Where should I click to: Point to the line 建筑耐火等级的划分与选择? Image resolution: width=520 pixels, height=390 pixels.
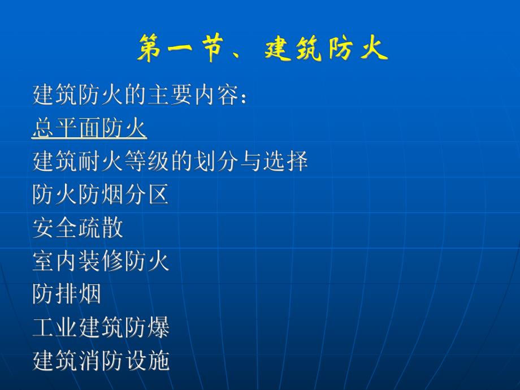coord(170,162)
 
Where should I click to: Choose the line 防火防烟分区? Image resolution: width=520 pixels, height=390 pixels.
coord(101,196)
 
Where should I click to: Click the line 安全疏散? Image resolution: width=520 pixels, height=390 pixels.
coord(78,228)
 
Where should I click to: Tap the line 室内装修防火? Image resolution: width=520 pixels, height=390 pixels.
coord(101,262)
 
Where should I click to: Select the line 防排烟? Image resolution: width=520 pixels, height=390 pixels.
coord(67,294)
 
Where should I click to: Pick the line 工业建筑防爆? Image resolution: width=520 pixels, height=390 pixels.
coord(101,328)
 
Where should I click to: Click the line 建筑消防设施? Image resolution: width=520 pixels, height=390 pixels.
coord(101,361)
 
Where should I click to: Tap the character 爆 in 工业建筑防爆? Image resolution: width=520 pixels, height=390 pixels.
coord(158,328)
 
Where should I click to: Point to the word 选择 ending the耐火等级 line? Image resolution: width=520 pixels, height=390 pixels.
coord(285,162)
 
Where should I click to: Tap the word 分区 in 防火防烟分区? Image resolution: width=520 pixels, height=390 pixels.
coord(147,196)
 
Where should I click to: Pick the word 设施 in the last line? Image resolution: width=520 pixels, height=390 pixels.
coord(147,361)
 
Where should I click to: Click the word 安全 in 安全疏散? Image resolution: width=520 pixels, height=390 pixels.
coord(55,228)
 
